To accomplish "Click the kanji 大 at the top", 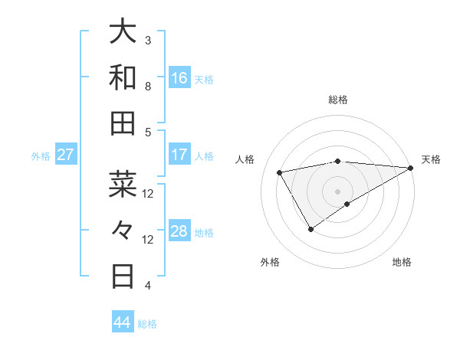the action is (x=123, y=32).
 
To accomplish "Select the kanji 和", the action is (x=123, y=78).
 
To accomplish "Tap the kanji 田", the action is (x=123, y=123).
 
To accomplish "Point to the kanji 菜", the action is (x=123, y=184).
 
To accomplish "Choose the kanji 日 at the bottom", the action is (x=123, y=275).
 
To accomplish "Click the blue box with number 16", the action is (x=179, y=78).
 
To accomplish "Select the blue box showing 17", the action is (x=179, y=155).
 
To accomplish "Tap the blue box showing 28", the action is (x=179, y=231).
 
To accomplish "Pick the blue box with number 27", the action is (x=66, y=155).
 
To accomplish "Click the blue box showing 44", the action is (x=123, y=322).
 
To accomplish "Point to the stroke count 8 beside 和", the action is (x=149, y=87).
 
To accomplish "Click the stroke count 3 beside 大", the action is (x=149, y=40).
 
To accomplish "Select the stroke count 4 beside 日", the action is (x=149, y=286).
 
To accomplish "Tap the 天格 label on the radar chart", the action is (x=431, y=159).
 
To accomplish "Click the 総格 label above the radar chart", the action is (x=337, y=100).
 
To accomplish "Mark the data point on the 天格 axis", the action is (x=412, y=168).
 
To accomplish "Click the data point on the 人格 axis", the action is (x=280, y=173).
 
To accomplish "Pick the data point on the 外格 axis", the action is (x=310, y=229).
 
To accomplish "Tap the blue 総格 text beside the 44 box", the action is (x=147, y=324).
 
